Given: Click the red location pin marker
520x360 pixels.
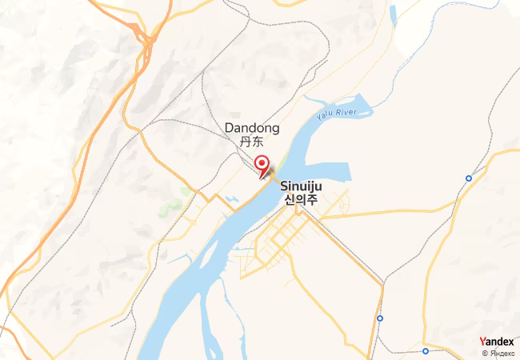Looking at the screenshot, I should [x=261, y=164].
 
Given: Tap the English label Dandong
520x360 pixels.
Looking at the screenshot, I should [x=252, y=128].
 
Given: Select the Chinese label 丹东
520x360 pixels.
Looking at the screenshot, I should [x=251, y=142].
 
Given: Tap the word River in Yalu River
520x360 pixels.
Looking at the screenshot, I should [x=346, y=112].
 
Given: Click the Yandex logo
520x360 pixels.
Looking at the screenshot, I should [x=497, y=342].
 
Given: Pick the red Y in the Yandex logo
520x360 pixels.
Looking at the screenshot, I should [x=482, y=342].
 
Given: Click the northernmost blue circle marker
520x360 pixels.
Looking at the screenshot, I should [x=469, y=178].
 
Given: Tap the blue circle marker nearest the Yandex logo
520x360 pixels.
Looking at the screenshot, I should [x=426, y=350].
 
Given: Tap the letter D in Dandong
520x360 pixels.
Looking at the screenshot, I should [x=229, y=128].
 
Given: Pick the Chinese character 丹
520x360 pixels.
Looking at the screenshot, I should [x=246, y=142].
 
